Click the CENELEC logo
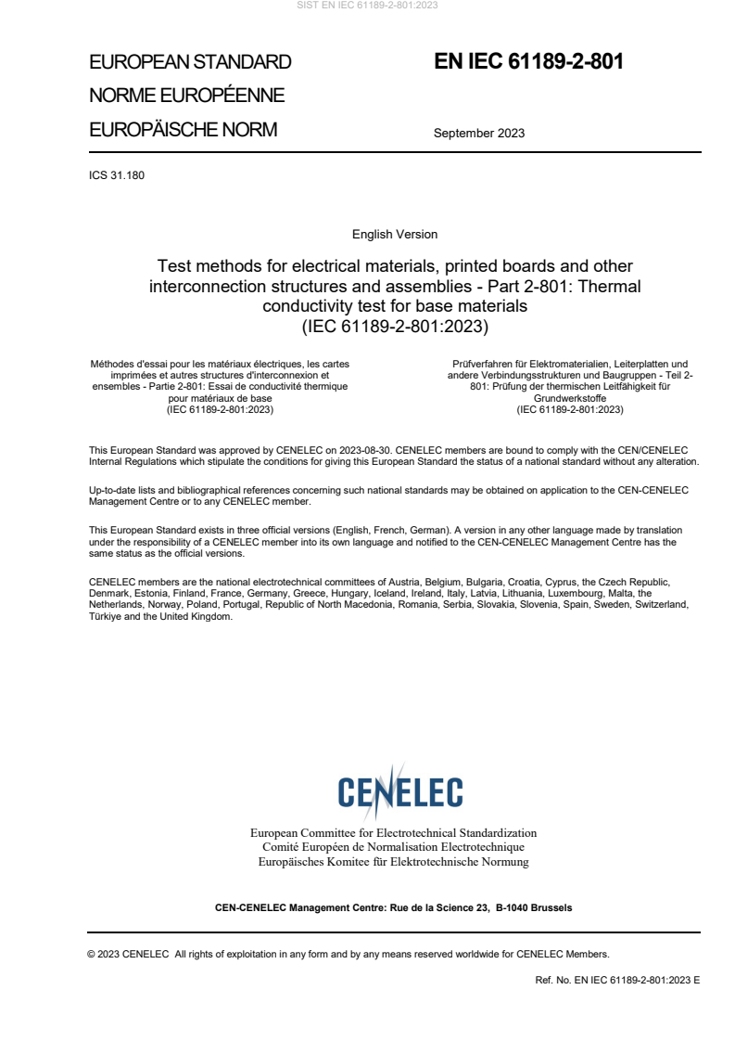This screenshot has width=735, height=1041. (399, 792)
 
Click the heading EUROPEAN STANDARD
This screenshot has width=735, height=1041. (190, 62)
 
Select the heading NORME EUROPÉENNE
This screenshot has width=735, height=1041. (186, 96)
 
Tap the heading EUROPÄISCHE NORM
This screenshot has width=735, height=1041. (183, 130)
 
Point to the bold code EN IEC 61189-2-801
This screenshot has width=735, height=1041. (528, 61)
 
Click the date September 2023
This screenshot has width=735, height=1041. (478, 133)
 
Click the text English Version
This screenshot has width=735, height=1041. (395, 235)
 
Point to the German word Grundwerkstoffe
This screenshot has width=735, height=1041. (570, 397)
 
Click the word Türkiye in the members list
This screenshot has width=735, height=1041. (105, 616)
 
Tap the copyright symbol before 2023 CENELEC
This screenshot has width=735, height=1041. (91, 954)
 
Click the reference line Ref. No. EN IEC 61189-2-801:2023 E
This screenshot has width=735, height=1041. (617, 980)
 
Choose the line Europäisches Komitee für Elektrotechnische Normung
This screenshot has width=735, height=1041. (394, 862)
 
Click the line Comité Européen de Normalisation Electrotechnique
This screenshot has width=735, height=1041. (394, 847)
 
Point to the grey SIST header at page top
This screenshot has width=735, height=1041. (367, 6)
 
